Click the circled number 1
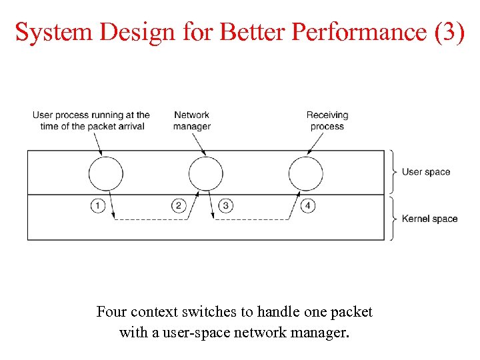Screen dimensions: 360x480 (x=98, y=205)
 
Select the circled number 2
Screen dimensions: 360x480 (x=178, y=205)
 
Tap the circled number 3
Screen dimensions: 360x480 (x=226, y=205)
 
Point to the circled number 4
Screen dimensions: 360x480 (x=307, y=205)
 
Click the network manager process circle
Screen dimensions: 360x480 (x=205, y=174)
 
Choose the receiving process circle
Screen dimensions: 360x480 (x=305, y=174)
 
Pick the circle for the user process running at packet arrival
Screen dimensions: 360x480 (x=105, y=174)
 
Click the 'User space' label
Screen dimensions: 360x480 (x=426, y=172)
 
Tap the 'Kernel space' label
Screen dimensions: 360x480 (x=429, y=219)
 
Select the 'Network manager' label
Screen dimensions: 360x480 (x=192, y=121)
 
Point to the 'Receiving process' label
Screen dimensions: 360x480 (x=327, y=121)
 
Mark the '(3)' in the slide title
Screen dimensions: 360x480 (x=449, y=31)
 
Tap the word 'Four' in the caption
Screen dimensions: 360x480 (x=111, y=312)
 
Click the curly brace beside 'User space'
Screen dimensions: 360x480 (x=394, y=172)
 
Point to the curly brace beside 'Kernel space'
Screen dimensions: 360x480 (x=394, y=219)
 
